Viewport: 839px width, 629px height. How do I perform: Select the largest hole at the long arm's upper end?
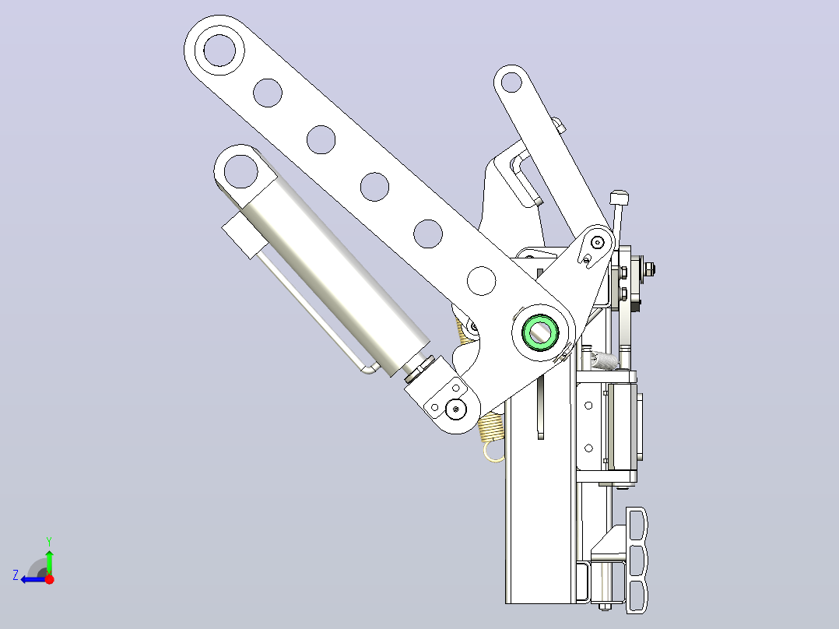pyautogui.click(x=220, y=50)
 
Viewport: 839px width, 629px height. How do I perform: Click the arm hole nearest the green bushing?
pyautogui.click(x=481, y=280)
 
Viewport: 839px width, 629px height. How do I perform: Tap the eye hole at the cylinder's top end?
pyautogui.click(x=240, y=171)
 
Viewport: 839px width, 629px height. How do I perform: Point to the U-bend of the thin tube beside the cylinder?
pyautogui.click(x=369, y=368)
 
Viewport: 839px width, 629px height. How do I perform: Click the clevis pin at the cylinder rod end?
pyautogui.click(x=456, y=409)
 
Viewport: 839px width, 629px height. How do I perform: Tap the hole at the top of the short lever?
pyautogui.click(x=511, y=82)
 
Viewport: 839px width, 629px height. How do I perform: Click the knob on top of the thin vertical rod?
pyautogui.click(x=619, y=197)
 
